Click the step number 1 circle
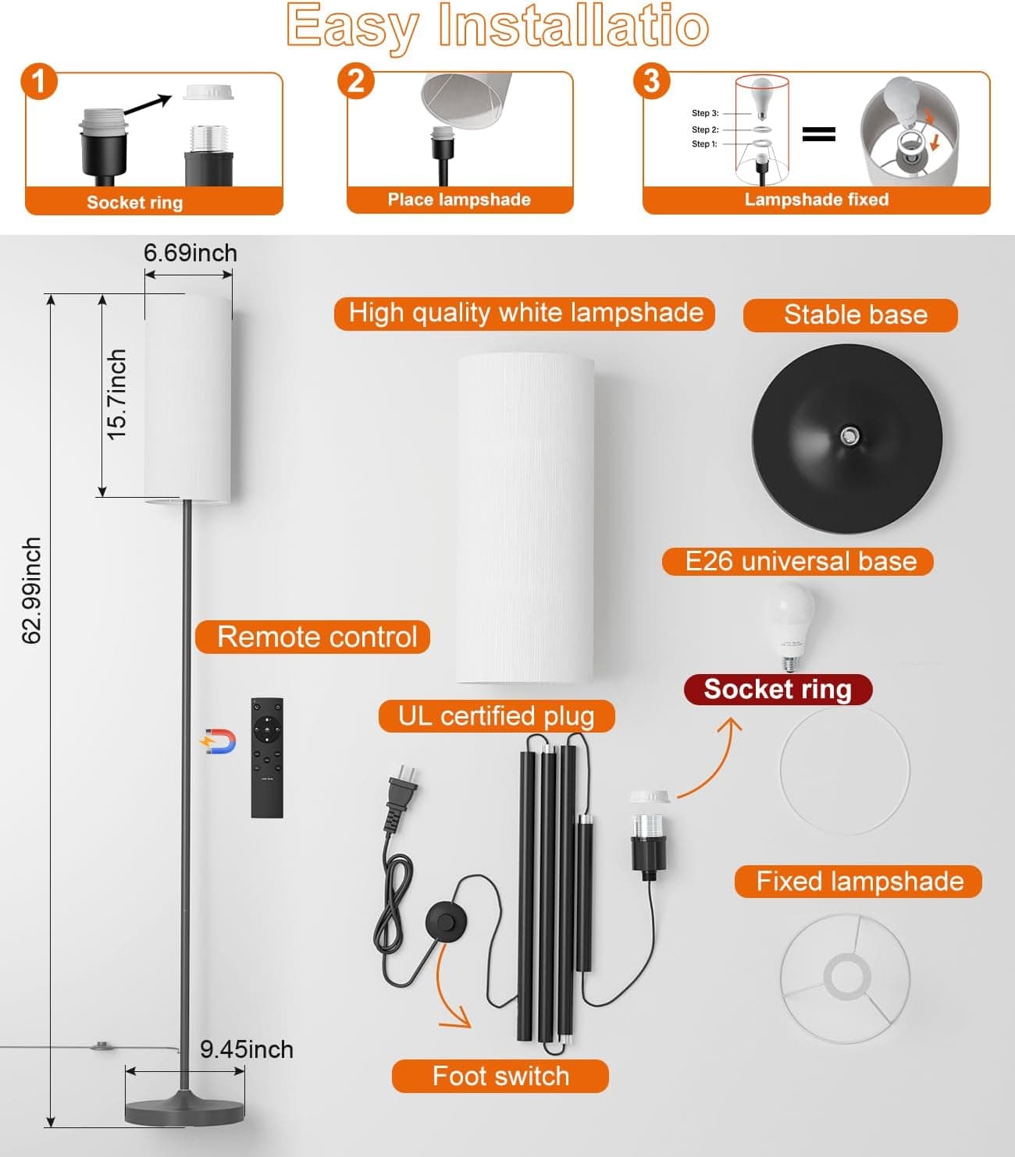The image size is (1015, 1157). pyautogui.click(x=40, y=81)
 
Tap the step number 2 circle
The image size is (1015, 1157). pyautogui.click(x=356, y=80)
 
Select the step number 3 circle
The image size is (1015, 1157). pyautogui.click(x=652, y=81)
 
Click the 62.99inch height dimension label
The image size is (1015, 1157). pyautogui.click(x=31, y=591)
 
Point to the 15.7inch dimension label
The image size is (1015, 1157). pyautogui.click(x=116, y=394)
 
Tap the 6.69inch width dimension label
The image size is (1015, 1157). pyautogui.click(x=190, y=253)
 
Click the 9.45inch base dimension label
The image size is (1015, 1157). pyautogui.click(x=246, y=1049)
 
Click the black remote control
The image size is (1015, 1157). pyautogui.click(x=267, y=758)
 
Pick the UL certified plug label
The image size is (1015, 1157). pyautogui.click(x=497, y=716)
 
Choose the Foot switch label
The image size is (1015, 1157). pyautogui.click(x=500, y=1076)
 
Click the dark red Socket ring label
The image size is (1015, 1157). pyautogui.click(x=778, y=689)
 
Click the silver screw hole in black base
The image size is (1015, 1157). pyautogui.click(x=849, y=434)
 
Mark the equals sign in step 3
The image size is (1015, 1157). pyautogui.click(x=818, y=134)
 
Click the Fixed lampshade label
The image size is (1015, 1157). pyautogui.click(x=859, y=882)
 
